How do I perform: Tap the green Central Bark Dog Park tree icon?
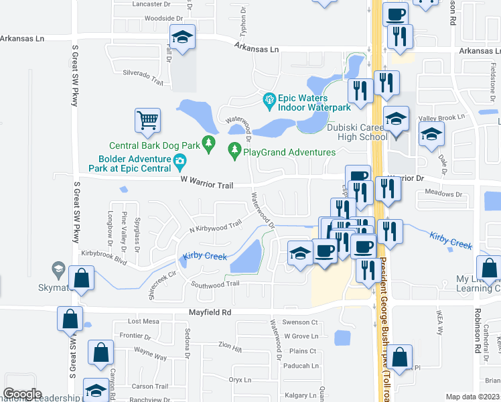[x=210, y=142]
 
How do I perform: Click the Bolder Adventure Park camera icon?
[x=180, y=161]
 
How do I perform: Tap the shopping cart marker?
[x=148, y=121]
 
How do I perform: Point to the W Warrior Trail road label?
[x=206, y=184]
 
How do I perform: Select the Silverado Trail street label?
[x=143, y=76]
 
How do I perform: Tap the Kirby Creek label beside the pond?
[x=204, y=257]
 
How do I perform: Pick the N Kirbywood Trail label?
[x=214, y=228]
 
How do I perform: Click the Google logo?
[x=22, y=393]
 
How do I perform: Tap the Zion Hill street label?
[x=229, y=347]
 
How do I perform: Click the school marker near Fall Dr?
[x=182, y=38]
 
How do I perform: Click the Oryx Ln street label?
[x=239, y=379]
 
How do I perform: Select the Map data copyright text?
[x=472, y=397]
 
